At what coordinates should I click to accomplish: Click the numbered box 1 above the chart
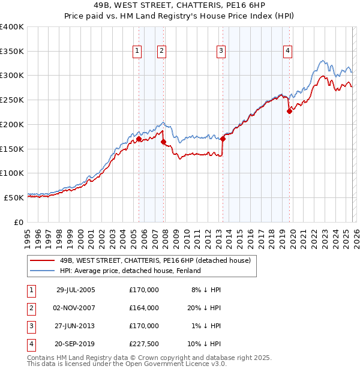click(138, 52)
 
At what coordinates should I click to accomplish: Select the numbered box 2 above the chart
click(162, 52)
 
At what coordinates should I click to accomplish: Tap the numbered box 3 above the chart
click(221, 52)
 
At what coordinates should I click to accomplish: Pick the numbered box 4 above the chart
click(288, 52)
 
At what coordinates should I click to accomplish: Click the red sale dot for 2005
click(139, 139)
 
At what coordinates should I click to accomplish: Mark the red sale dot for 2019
click(289, 110)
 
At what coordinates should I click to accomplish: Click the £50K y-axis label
click(14, 197)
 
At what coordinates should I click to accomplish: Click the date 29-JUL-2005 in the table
click(75, 290)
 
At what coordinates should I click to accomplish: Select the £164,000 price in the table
click(143, 308)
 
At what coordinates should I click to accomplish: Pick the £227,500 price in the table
click(143, 344)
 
